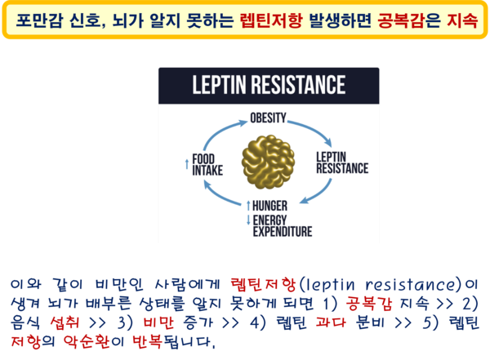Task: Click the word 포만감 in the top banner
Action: [39, 20]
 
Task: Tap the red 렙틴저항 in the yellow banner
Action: [271, 20]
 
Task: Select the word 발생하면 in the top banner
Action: [340, 20]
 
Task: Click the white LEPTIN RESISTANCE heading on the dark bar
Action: [269, 85]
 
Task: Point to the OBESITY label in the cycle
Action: [268, 118]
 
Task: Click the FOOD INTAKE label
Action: [207, 165]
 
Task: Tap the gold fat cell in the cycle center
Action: [268, 162]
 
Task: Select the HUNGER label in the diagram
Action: [269, 206]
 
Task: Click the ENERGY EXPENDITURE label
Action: [283, 226]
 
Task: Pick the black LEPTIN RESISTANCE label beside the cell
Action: [342, 162]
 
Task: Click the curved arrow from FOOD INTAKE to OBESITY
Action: [222, 131]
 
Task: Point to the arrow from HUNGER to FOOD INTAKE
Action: [219, 195]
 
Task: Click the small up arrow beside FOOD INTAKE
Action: [187, 165]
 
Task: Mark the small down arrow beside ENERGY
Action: [248, 220]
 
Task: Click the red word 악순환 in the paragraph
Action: [87, 341]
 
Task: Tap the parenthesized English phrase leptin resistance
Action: [381, 284]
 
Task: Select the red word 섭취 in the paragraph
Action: [65, 322]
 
